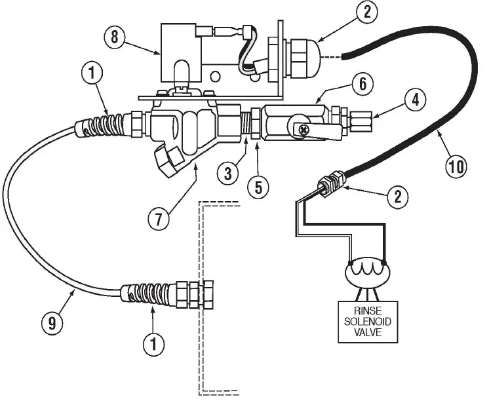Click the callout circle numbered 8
114,37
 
